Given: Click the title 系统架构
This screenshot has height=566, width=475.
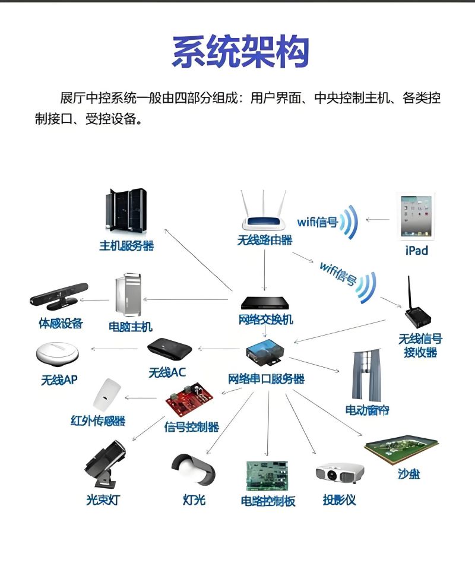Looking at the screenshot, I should pyautogui.click(x=240, y=52).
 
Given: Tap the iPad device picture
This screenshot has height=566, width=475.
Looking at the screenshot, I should pyautogui.click(x=416, y=216).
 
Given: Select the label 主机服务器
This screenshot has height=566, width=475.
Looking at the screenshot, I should pyautogui.click(x=126, y=245).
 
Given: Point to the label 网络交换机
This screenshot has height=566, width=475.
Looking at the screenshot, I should pyautogui.click(x=265, y=320).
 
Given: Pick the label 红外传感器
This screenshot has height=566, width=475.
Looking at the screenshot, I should pyautogui.click(x=98, y=421).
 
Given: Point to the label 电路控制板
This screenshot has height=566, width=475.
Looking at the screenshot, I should pyautogui.click(x=268, y=501).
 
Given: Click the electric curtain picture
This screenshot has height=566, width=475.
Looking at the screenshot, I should pyautogui.click(x=368, y=377).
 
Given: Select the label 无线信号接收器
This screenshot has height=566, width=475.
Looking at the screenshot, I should pyautogui.click(x=420, y=345).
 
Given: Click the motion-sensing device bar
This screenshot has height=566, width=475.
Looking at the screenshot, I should pyautogui.click(x=58, y=296).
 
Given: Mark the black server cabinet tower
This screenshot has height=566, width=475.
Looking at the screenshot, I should pyautogui.click(x=125, y=211).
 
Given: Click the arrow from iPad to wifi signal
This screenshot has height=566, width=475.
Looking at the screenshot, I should pyautogui.click(x=378, y=220).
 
